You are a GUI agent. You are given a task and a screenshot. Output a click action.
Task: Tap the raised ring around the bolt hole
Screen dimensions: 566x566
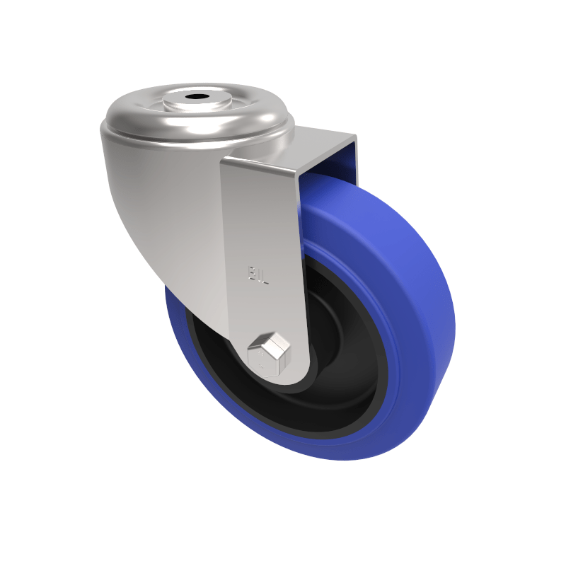tap(212, 103)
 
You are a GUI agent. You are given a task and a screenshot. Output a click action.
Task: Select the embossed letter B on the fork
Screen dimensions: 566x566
tap(251, 273)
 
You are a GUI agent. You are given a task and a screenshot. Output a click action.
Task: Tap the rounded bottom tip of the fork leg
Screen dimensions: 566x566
tap(283, 379)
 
